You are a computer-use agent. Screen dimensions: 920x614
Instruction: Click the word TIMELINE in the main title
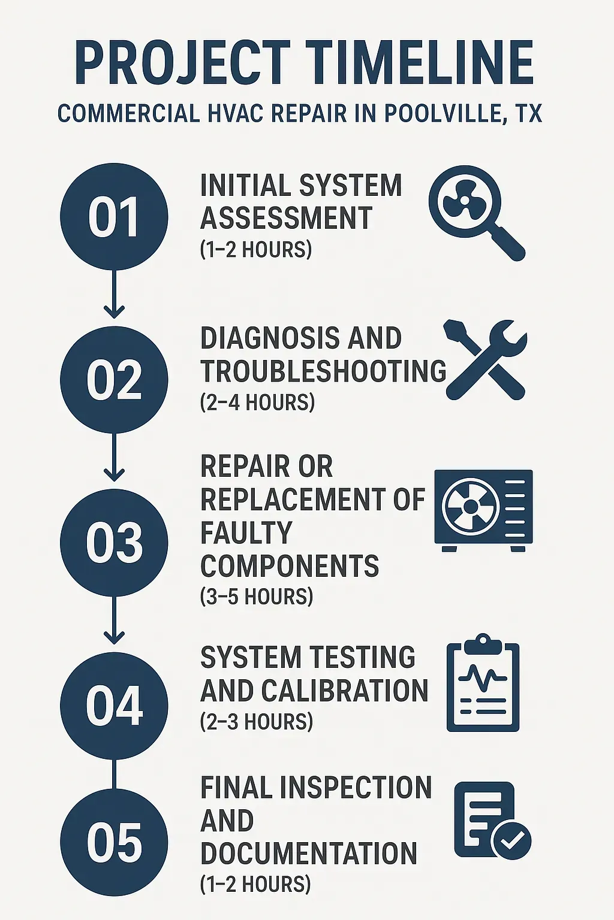[420, 63]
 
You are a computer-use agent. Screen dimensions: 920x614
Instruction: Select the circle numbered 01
[114, 217]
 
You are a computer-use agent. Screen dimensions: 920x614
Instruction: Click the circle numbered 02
[114, 380]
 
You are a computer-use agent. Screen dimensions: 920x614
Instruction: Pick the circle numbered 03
[114, 543]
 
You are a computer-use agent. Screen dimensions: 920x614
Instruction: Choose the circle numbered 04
[114, 706]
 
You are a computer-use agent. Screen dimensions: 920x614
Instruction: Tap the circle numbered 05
[114, 842]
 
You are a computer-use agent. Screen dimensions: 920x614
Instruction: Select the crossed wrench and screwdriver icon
[485, 359]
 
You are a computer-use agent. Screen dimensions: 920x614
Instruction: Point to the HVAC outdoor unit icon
[483, 509]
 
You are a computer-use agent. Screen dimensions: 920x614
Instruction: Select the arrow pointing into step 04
[114, 621]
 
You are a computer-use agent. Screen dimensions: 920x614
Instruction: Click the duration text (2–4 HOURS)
[257, 402]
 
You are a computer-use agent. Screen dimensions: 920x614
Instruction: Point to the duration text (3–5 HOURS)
[257, 597]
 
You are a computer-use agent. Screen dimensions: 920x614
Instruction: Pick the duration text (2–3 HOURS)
[257, 722]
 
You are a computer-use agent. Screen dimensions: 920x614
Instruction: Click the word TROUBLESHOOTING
[323, 371]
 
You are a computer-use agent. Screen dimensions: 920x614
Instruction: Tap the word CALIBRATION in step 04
[345, 691]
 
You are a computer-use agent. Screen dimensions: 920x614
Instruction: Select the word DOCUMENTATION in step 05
[308, 854]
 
